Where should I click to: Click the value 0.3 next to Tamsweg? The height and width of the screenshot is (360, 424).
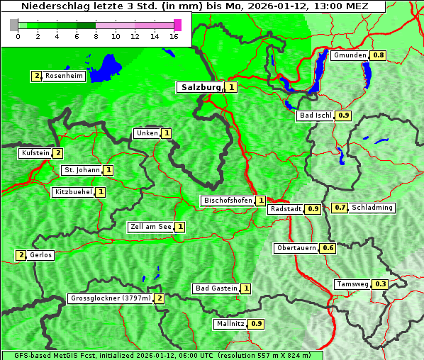click(x=381, y=284)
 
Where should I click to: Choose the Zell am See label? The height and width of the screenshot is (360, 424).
click(x=151, y=227)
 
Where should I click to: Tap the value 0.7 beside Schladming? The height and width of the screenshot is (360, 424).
click(x=340, y=208)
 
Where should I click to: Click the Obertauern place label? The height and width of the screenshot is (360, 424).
click(x=296, y=248)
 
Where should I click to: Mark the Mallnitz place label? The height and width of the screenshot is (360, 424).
click(x=231, y=324)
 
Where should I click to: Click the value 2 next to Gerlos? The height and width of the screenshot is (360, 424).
click(x=21, y=255)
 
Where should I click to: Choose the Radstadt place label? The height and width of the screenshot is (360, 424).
click(x=286, y=209)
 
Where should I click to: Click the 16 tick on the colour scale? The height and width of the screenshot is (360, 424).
click(x=174, y=35)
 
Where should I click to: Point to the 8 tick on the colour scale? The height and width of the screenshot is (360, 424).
click(x=96, y=35)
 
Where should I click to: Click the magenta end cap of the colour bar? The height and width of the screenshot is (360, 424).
click(x=177, y=25)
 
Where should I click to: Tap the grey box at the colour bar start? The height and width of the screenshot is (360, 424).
click(x=14, y=25)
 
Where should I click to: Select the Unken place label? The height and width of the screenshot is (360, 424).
click(x=147, y=133)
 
